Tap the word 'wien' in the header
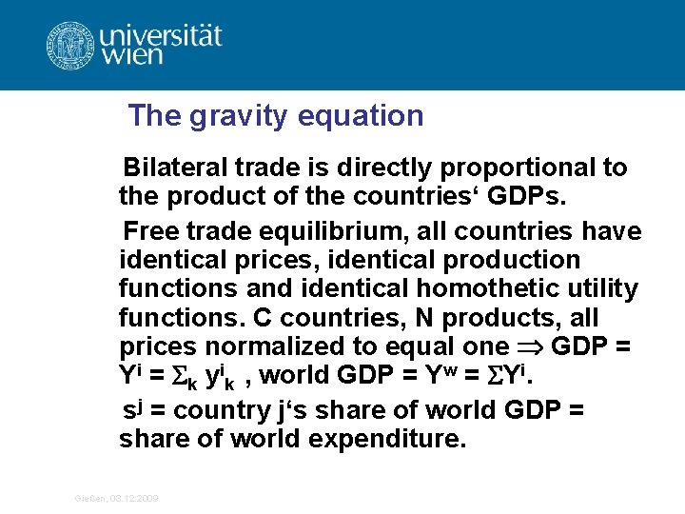click(x=134, y=56)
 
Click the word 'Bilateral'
click(x=176, y=168)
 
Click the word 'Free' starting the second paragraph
click(x=150, y=231)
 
